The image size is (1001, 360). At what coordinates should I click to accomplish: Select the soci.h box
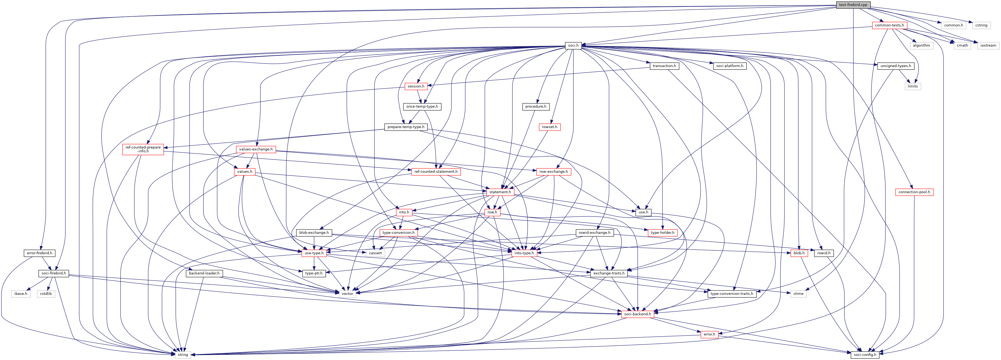pos(573,46)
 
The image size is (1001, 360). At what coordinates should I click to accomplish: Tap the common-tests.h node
pos(889,25)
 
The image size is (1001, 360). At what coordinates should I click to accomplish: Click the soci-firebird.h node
pos(54,273)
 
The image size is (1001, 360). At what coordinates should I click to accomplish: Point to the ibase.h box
pos(21,294)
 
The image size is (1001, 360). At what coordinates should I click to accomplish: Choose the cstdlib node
pos(45,294)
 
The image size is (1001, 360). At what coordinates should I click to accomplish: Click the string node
pos(183,355)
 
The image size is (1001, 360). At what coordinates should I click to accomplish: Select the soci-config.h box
pos(865,355)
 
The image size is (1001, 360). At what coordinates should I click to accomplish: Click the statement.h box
pos(500,192)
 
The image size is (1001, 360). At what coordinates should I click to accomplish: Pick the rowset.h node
pos(549,127)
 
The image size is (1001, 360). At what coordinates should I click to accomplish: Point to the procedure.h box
pos(536,107)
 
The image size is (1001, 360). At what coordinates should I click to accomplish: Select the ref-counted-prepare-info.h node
pos(143,149)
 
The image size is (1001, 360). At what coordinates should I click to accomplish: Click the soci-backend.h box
pos(637,314)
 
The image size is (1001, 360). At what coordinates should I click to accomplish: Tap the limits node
pos(913,86)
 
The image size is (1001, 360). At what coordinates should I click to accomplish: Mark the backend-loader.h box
pos(204,273)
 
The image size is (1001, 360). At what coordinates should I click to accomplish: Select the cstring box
pos(981,25)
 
